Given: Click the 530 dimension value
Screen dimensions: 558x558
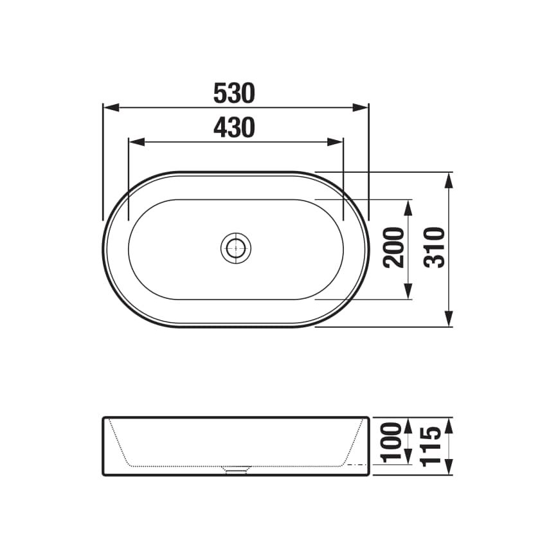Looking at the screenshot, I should click(x=234, y=94).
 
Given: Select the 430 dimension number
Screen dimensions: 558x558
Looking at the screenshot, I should click(x=234, y=129).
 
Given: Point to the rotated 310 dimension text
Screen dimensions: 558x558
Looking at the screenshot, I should click(x=435, y=248).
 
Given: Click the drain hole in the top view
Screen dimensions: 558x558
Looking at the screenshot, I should click(x=236, y=248).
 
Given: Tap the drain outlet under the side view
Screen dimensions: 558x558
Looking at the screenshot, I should click(x=236, y=471).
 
